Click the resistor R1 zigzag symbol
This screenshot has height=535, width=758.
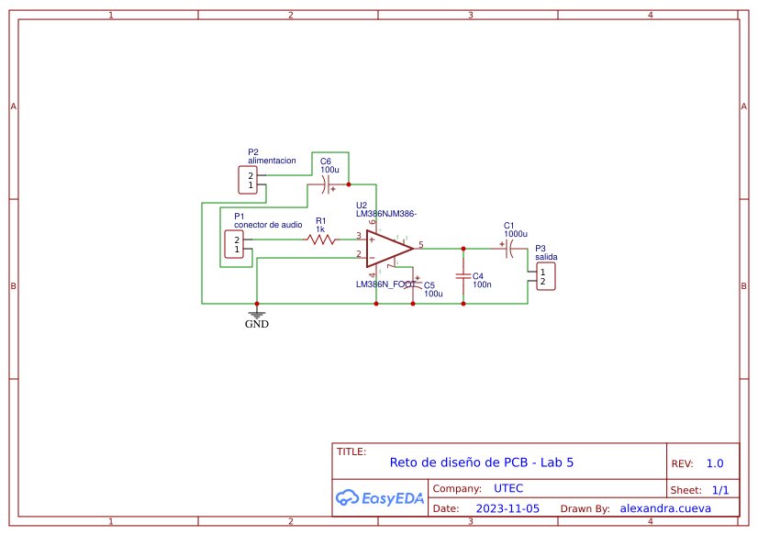pyautogui.click(x=321, y=240)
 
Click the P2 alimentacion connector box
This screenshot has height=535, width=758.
pyautogui.click(x=247, y=180)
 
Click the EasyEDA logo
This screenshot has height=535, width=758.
pyautogui.click(x=380, y=498)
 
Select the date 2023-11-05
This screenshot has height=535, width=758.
pyautogui.click(x=507, y=508)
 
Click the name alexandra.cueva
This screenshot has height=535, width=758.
pyautogui.click(x=665, y=508)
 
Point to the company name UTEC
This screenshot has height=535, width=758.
pyautogui.click(x=508, y=488)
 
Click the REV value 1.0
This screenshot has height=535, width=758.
pyautogui.click(x=715, y=463)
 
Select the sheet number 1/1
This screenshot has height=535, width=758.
pyautogui.click(x=720, y=490)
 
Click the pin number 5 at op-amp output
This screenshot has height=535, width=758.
pyautogui.click(x=421, y=244)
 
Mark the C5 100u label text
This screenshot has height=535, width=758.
pyautogui.click(x=432, y=290)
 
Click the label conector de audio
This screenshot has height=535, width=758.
pyautogui.click(x=268, y=225)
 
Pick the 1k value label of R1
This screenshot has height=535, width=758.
pyautogui.click(x=320, y=229)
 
